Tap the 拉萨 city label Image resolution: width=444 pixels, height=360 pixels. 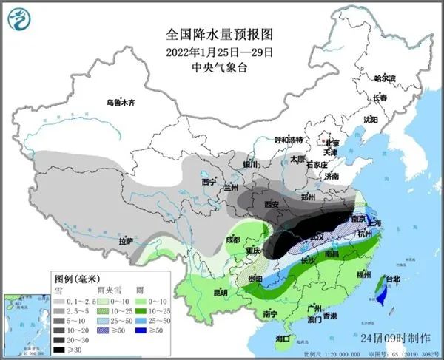click(125, 240)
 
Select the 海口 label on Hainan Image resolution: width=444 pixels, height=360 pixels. click(283, 339)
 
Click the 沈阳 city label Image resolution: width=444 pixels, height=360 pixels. click(370, 118)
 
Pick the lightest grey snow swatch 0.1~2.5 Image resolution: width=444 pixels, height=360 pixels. click(58, 293)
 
